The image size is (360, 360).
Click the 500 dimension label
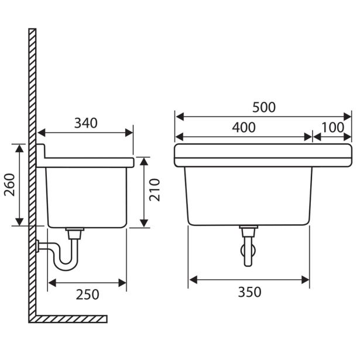pos(264,108)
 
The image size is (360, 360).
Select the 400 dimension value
pos(244,128)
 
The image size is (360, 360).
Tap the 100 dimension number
pos(332,128)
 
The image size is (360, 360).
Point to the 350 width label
pos(249,292)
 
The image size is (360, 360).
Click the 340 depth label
pos(86,123)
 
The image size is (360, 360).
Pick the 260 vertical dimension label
pos(9,184)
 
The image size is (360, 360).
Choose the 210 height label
pos(155,190)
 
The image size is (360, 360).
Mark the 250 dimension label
pos(87,294)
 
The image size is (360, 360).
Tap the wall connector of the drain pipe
pos(38,246)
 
